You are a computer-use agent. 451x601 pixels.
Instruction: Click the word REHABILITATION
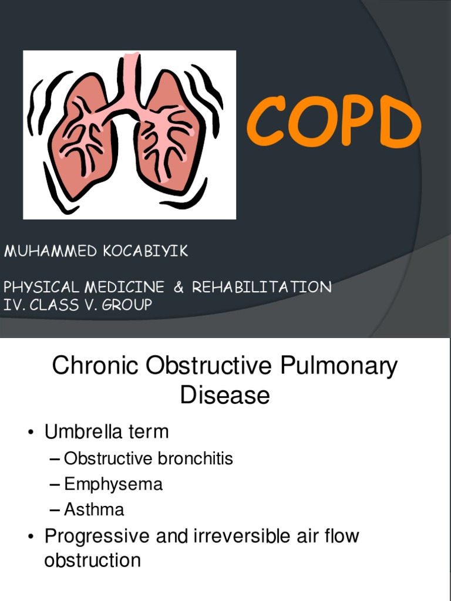262,287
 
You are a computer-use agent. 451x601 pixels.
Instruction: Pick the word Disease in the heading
225,395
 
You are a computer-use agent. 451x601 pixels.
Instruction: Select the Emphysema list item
113,485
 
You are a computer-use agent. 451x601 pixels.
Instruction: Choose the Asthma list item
94,509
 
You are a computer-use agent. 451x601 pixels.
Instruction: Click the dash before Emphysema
55,485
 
